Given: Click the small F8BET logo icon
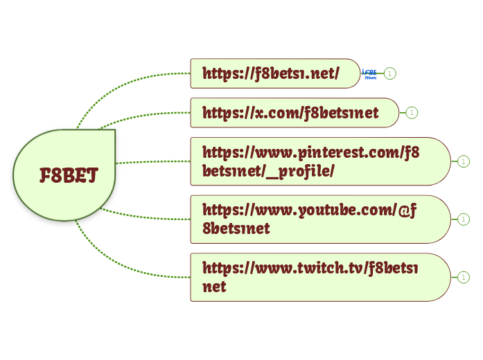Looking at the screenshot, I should [370, 74].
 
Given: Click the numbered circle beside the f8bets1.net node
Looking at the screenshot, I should [390, 73].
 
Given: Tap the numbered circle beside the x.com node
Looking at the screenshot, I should [412, 113].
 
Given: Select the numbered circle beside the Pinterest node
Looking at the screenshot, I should [464, 161].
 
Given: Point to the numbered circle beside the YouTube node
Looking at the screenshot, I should [464, 219].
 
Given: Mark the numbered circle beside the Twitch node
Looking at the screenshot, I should [464, 277].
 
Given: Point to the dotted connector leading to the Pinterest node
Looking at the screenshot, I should [152, 162].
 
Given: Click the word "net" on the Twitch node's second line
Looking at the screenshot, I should [214, 286].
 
